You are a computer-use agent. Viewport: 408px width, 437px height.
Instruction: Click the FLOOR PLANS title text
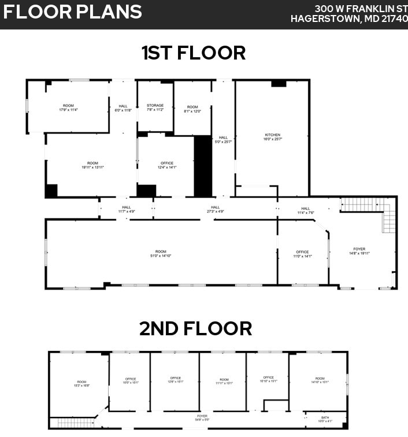pyautogui.click(x=72, y=12)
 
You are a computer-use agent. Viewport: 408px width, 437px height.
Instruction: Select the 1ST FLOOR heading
pyautogui.click(x=194, y=53)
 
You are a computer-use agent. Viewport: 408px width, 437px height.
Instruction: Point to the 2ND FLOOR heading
pyautogui.click(x=195, y=328)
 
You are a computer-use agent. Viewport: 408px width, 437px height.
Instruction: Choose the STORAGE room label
pyautogui.click(x=155, y=108)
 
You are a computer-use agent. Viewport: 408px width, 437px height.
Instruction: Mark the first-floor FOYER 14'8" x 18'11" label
pyautogui.click(x=359, y=251)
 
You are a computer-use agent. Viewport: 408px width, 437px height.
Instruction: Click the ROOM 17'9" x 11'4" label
pyautogui.click(x=68, y=108)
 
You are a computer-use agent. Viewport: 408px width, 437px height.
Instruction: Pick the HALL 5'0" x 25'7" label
pyautogui.click(x=223, y=139)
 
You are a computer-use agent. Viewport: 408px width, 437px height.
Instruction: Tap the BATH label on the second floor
pyautogui.click(x=325, y=419)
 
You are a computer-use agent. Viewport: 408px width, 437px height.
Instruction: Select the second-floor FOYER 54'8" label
pyautogui.click(x=202, y=417)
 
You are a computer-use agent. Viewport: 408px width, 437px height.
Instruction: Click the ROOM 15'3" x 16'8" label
pyautogui.click(x=81, y=384)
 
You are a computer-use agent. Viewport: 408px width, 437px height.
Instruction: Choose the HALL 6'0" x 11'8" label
pyautogui.click(x=123, y=108)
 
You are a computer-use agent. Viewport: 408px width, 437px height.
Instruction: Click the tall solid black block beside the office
pyautogui.click(x=203, y=166)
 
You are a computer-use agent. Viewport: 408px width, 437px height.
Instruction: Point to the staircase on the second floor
pyautogui.click(x=76, y=423)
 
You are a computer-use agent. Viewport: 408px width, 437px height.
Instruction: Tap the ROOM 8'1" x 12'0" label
pyautogui.click(x=192, y=109)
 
